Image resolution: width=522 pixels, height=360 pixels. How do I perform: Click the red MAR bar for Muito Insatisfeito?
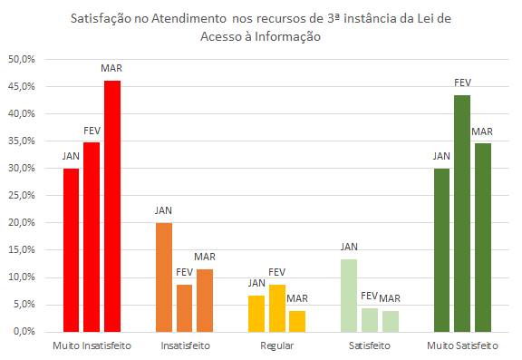coord(112,207)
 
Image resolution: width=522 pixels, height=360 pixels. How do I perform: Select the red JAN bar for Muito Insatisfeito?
coord(72,250)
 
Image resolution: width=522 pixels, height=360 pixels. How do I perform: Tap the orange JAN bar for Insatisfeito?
coord(164,277)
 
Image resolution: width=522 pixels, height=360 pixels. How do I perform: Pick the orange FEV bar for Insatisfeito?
coord(184,308)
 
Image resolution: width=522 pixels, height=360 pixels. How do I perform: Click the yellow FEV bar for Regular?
coord(277,308)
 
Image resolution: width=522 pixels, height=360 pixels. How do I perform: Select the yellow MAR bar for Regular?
coord(297,322)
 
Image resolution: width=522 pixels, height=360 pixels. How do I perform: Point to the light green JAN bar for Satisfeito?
coord(350,296)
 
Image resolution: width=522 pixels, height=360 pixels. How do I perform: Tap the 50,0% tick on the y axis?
coord(21,60)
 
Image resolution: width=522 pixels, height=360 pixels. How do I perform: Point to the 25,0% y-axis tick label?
coord(21,196)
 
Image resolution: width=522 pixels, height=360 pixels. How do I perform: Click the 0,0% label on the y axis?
coord(24,332)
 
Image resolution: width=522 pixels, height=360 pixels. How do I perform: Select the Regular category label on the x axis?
coord(277,346)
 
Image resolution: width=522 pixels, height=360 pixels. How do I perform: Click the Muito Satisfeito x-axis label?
coord(462,346)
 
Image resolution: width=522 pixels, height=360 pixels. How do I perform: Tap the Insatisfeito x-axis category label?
coord(185,346)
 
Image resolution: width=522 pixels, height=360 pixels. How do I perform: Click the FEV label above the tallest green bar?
coord(462,83)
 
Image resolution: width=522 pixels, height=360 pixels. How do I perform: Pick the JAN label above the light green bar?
coord(350,247)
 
